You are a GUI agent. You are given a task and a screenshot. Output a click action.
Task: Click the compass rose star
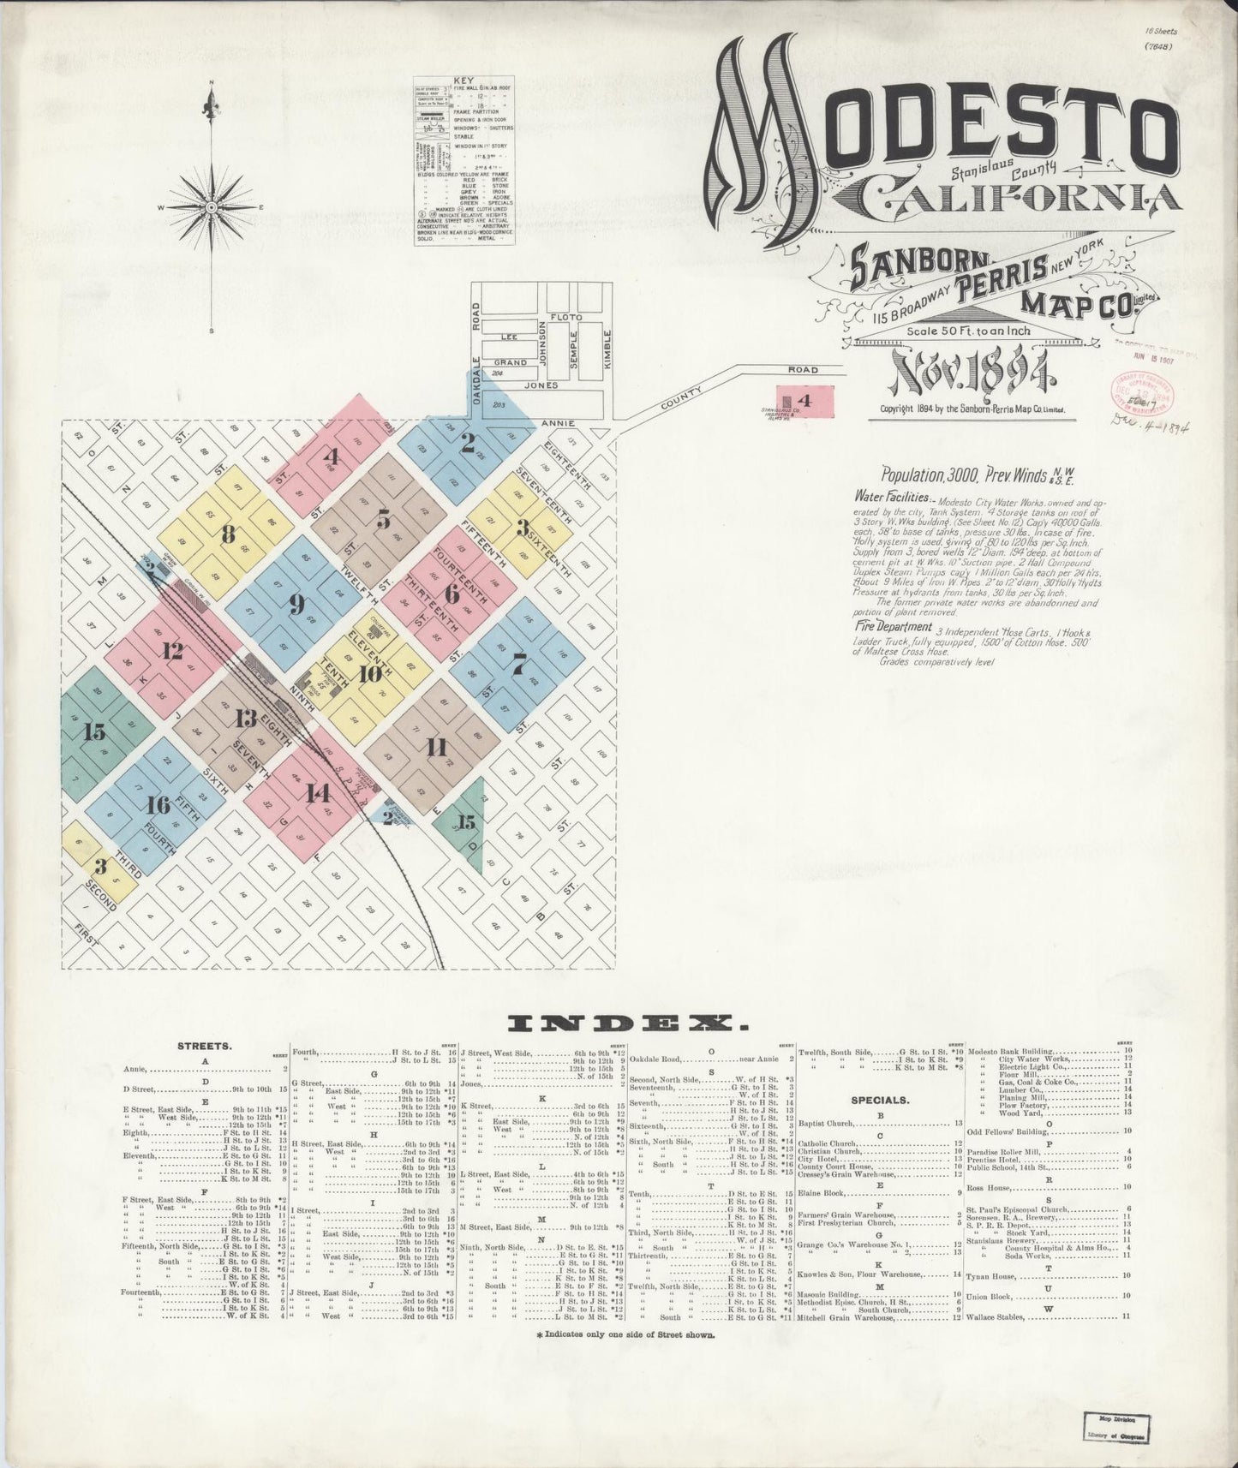[211, 207]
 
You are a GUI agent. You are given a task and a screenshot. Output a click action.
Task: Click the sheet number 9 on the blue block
[296, 604]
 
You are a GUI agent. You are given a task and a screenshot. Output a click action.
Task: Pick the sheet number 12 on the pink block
[172, 651]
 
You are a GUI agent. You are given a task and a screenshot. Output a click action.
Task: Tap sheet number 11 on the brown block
[437, 747]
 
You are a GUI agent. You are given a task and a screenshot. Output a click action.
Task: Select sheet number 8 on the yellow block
[228, 533]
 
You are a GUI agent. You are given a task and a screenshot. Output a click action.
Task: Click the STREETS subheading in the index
[203, 1046]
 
